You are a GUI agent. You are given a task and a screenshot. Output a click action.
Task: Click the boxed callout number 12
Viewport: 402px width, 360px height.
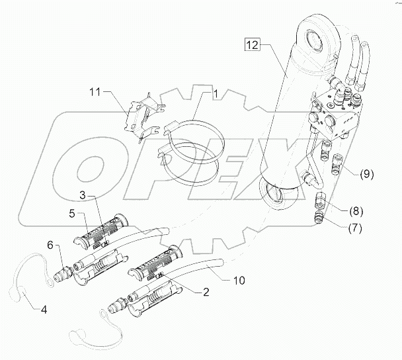(x=253, y=45)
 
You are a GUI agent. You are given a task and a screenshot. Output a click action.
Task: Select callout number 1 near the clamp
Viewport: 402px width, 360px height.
(x=216, y=93)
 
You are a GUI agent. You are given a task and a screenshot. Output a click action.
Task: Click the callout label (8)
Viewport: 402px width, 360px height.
(x=356, y=211)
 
